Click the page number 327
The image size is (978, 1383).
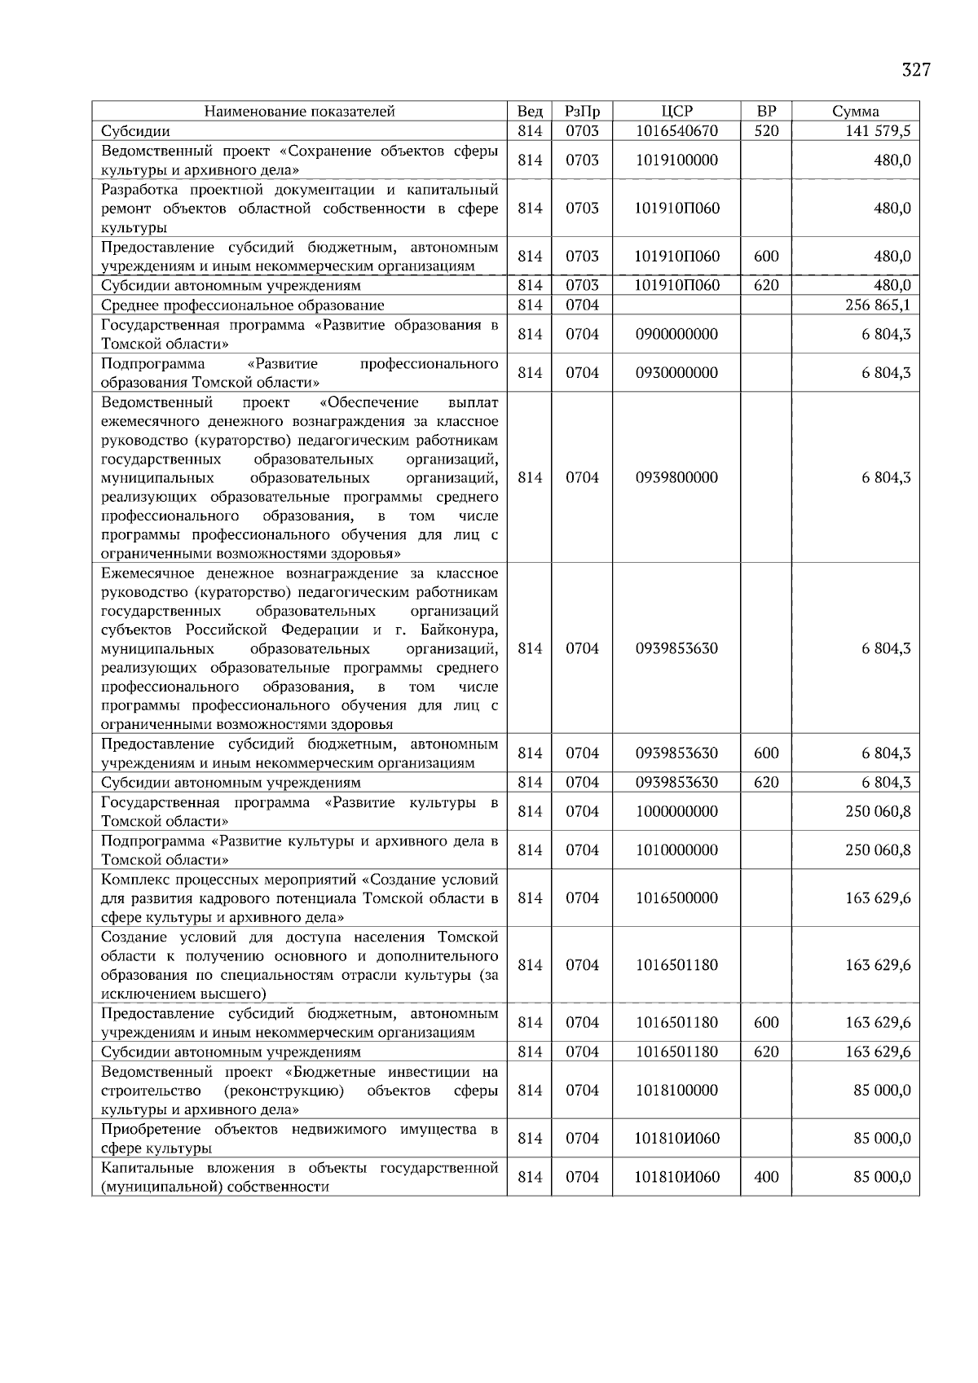coord(916,70)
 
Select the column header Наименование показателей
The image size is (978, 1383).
coord(299,112)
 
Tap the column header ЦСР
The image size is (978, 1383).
coord(676,112)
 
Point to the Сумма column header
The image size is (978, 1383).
coord(855,112)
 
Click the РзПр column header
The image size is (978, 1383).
coord(582,112)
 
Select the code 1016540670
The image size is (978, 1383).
coord(676,131)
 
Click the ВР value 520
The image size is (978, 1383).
coord(766,131)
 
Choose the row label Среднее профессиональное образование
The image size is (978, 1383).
coord(243,305)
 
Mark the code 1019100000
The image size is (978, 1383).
coord(676,160)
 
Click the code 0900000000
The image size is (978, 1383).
coord(676,335)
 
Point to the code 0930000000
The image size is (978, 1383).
coord(676,373)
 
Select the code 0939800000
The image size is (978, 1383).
coord(676,478)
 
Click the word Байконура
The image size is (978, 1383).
coord(459,630)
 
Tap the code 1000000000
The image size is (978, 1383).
coord(676,811)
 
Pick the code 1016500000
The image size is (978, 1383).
coord(676,898)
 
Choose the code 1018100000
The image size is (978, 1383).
coord(676,1091)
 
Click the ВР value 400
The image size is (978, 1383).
coord(766,1177)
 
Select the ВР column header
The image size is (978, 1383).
coord(766,112)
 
